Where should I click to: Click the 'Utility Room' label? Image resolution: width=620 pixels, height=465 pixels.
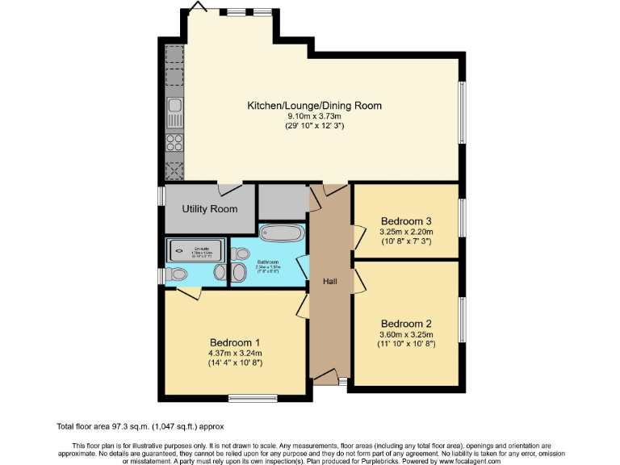pos(210,209)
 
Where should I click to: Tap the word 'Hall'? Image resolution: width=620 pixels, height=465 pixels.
pos(329,281)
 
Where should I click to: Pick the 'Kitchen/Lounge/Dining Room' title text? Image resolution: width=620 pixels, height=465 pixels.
pos(314,106)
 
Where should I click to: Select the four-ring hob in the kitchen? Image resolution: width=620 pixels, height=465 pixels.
pos(174,144)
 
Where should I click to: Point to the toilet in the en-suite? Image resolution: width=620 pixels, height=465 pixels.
pos(175,274)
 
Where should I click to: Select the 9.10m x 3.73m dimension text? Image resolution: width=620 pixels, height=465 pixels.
pos(314,116)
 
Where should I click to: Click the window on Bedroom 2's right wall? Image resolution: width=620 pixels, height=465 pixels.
pos(463,320)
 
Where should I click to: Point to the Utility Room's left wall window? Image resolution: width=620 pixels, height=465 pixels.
pos(161,197)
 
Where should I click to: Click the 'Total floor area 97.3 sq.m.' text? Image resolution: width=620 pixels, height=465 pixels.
pos(140,425)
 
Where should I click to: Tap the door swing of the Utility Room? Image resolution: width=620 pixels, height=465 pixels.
pos(229,189)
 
